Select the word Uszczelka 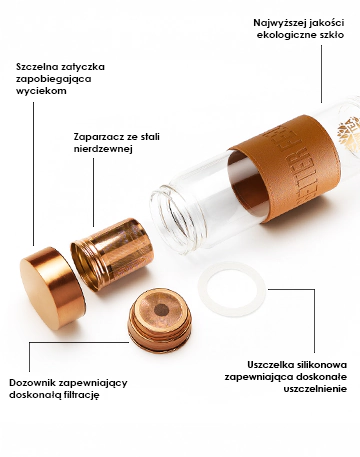coord(271,364)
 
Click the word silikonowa coord(323,364)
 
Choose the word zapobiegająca coord(52,79)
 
